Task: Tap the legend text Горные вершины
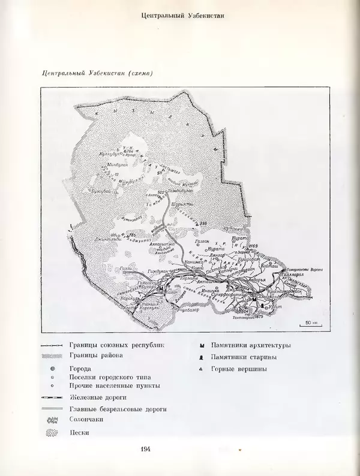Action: tap(239, 369)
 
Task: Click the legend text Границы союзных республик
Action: tap(116, 345)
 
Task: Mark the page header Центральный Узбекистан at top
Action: tap(181, 16)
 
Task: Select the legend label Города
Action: tap(80, 369)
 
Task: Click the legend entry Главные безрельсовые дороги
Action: tap(117, 409)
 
